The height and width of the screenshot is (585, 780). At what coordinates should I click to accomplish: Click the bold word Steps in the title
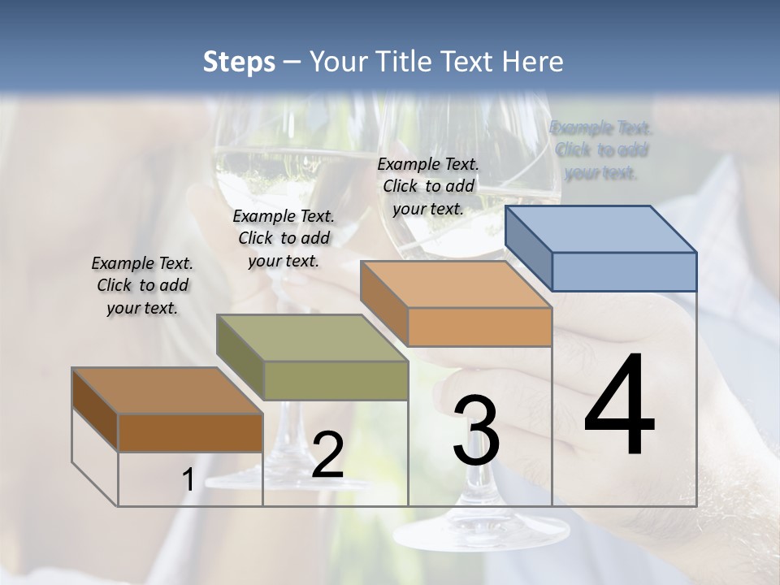[x=239, y=62]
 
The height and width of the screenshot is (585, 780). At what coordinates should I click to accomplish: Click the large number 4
[x=619, y=405]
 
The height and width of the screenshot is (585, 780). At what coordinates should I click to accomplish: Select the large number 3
[x=476, y=431]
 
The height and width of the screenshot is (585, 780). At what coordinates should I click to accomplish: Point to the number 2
[x=327, y=456]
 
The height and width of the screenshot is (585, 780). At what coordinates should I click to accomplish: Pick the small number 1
[x=188, y=480]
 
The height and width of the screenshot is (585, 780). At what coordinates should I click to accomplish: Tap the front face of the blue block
[x=624, y=271]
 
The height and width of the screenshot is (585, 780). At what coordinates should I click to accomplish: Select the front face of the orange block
[x=479, y=327]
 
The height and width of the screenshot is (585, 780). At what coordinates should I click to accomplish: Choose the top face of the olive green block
[x=313, y=338]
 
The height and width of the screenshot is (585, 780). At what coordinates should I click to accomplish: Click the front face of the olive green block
[x=336, y=380]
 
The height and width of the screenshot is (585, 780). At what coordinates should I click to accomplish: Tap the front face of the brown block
[x=190, y=433]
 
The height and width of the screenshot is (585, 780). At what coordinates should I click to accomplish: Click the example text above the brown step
[x=142, y=285]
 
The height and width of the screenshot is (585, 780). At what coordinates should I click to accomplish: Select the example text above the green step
[x=284, y=238]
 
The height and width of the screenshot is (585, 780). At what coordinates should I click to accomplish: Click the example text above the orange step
[x=428, y=186]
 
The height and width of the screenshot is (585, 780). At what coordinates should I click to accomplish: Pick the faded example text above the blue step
[x=601, y=149]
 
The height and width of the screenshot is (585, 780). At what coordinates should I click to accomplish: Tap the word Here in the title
[x=534, y=62]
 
